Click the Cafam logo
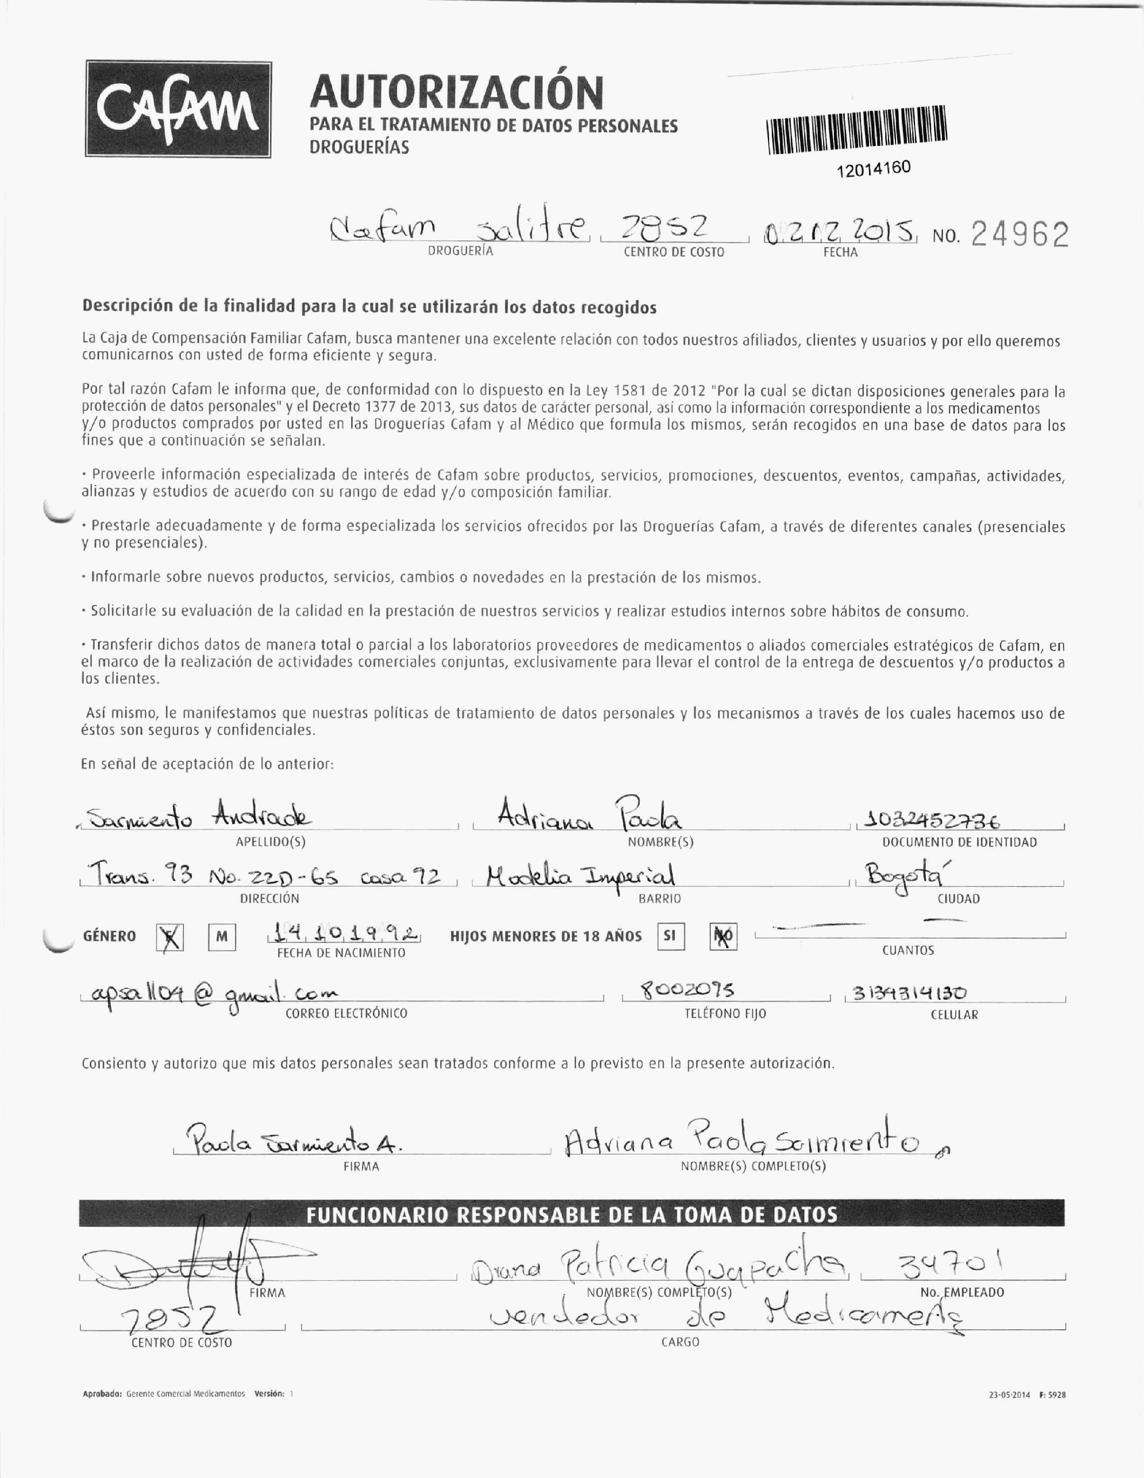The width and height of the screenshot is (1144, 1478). click(x=178, y=110)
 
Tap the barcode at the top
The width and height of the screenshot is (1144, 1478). click(x=857, y=129)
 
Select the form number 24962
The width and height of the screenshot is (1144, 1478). click(x=1020, y=235)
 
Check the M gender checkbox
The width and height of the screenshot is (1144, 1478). click(x=221, y=937)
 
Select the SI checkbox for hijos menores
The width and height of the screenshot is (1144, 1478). click(x=670, y=936)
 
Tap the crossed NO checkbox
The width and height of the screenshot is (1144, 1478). click(x=723, y=937)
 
